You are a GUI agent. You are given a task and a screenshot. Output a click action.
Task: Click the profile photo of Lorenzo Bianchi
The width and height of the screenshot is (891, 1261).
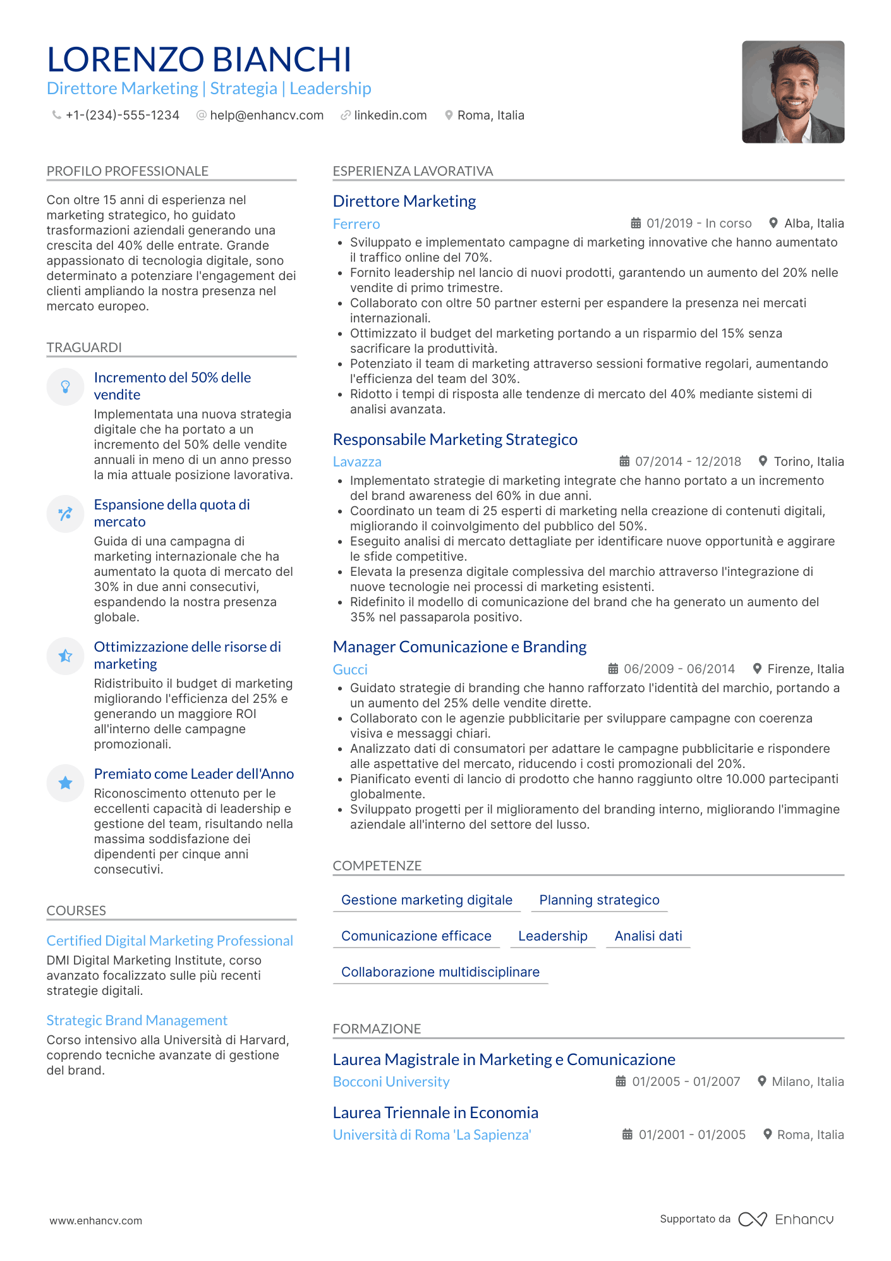(792, 92)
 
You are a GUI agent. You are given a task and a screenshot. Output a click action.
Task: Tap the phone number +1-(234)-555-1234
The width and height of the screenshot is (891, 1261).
(122, 116)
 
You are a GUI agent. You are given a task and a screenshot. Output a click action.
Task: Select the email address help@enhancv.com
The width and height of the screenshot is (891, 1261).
(266, 116)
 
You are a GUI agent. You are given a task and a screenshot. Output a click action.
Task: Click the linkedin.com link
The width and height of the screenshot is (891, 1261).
(390, 116)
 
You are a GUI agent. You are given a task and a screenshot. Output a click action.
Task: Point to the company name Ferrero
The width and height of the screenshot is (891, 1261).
(356, 224)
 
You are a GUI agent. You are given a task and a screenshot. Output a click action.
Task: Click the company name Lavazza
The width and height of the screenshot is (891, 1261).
(357, 462)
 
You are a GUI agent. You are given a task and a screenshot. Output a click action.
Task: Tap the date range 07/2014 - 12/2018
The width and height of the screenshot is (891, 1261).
(688, 462)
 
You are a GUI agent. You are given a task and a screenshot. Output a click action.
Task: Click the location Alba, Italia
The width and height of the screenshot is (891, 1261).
(813, 224)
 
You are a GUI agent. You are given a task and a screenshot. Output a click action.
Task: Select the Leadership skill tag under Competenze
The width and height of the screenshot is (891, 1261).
(552, 936)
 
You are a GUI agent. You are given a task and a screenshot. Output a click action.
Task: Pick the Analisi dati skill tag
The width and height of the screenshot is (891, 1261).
(648, 936)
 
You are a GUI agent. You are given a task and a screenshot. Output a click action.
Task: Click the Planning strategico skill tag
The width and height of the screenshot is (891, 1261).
(599, 900)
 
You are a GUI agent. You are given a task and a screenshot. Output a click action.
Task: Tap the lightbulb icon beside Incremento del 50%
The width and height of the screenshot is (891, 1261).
(65, 387)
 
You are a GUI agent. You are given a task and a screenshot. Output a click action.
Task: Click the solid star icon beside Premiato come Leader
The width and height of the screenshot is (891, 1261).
(65, 783)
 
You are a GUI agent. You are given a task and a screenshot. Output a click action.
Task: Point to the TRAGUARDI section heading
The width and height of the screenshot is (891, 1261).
(84, 348)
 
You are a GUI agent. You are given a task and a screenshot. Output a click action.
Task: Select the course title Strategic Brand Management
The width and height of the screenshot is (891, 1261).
(136, 1021)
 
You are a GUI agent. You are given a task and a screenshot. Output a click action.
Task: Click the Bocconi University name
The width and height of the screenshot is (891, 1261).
(391, 1082)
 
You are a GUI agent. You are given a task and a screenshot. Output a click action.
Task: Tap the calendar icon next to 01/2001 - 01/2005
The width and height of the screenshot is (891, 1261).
(627, 1135)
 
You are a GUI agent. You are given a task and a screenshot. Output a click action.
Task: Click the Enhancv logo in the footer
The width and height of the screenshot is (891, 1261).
(785, 1219)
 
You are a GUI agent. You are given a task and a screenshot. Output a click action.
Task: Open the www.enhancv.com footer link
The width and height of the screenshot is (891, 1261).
(96, 1221)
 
